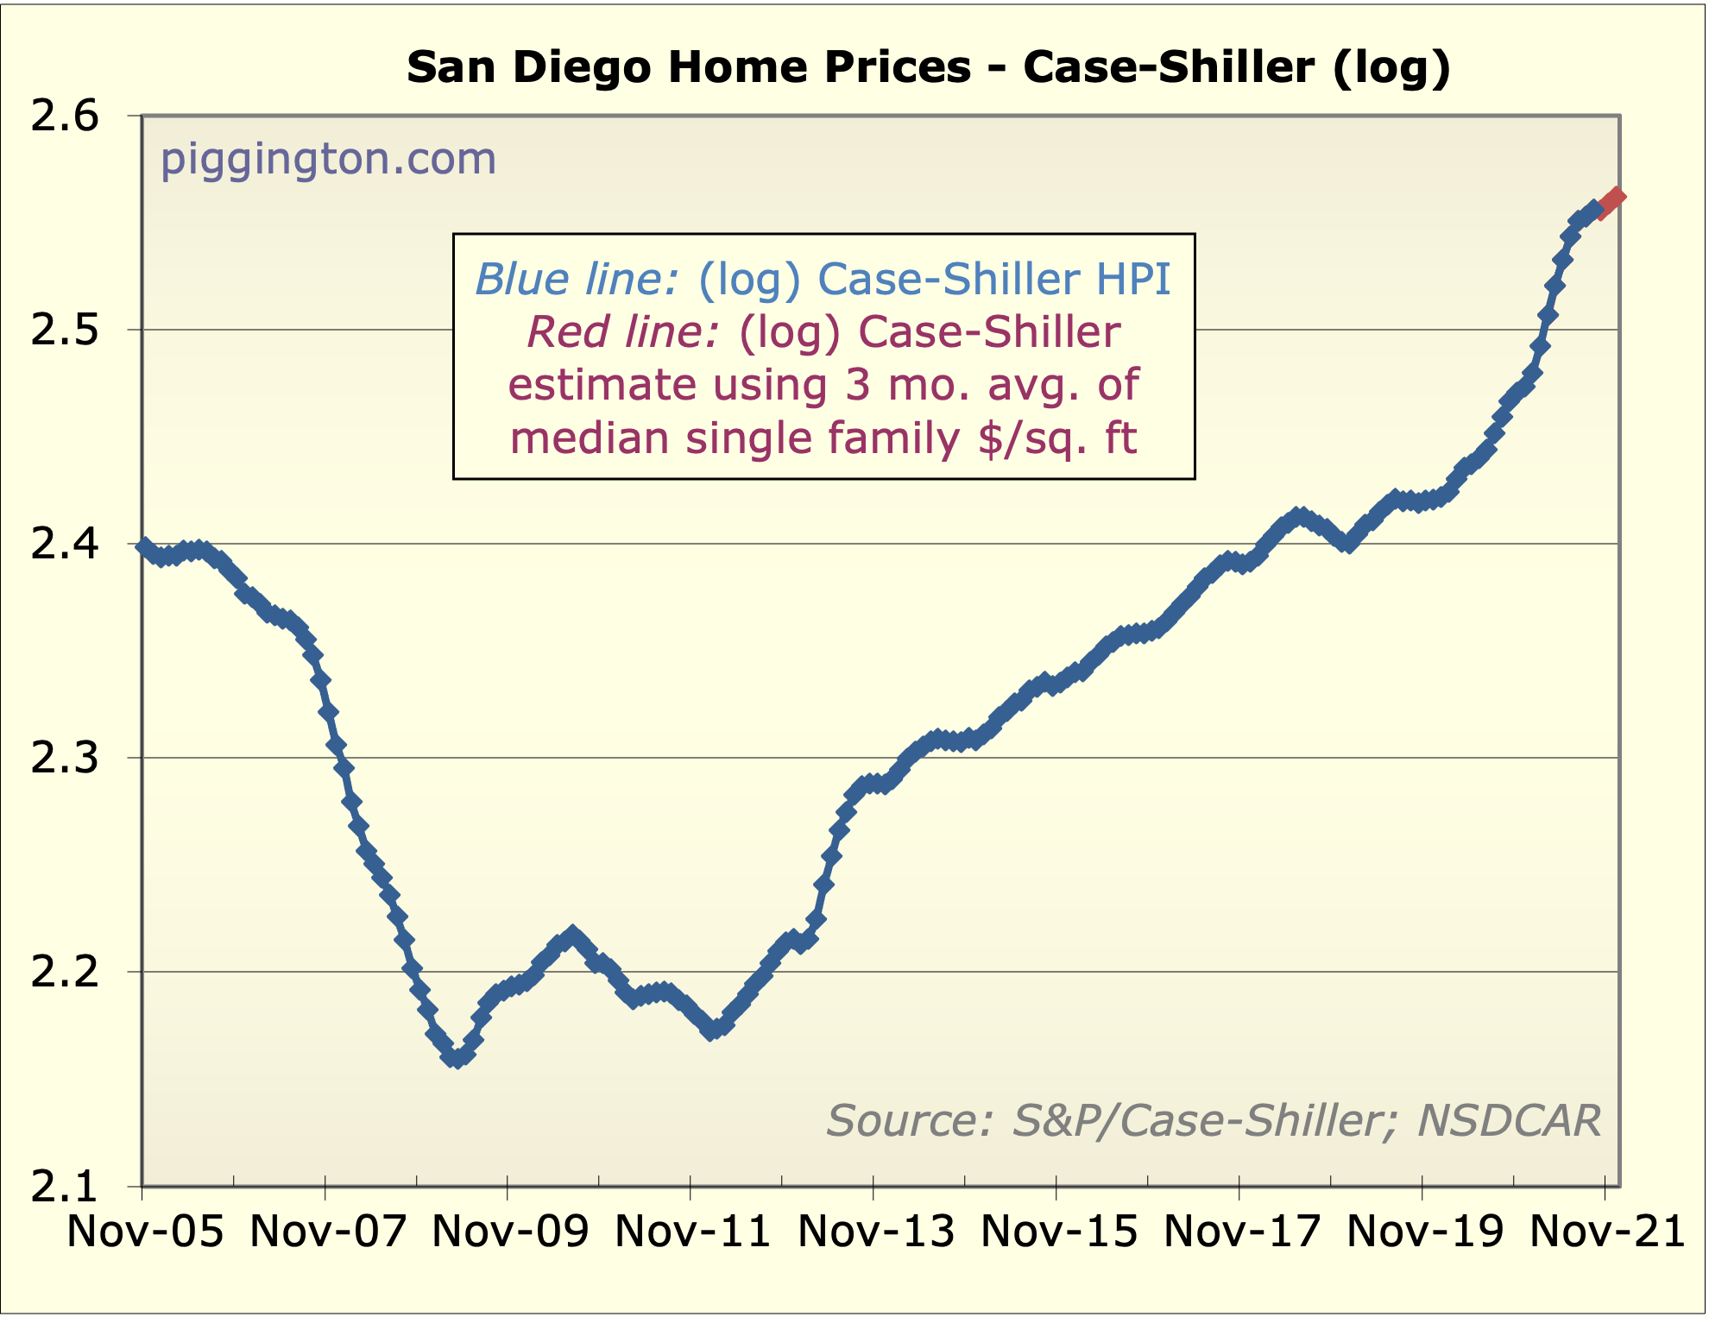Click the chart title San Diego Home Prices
[928, 67]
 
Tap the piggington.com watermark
[328, 159]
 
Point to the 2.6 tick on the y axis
[66, 117]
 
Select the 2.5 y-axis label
[66, 331]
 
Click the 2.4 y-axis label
[66, 545]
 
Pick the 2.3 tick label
[66, 759]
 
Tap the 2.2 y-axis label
[66, 973]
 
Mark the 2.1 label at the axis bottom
[66, 1187]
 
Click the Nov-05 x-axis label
[145, 1231]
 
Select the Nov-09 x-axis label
[510, 1231]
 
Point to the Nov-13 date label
[876, 1231]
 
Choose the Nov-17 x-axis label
[1242, 1231]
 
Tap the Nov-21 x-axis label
[1607, 1231]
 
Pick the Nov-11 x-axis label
[693, 1231]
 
